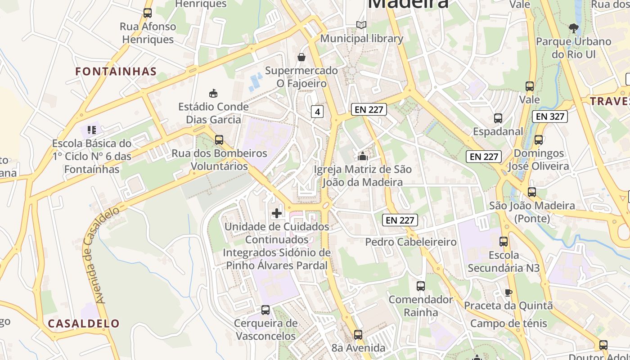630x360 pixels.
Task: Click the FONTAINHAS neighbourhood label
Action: pyautogui.click(x=116, y=71)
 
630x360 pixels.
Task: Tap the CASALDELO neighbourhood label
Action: pyautogui.click(x=84, y=323)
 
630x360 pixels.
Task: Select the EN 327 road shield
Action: pyautogui.click(x=549, y=117)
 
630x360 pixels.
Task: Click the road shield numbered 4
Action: pyautogui.click(x=317, y=112)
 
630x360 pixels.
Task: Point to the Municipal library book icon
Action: pyautogui.click(x=361, y=25)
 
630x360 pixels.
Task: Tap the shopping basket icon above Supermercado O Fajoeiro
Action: pyautogui.click(x=301, y=57)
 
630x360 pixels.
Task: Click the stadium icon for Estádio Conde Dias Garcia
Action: pyautogui.click(x=213, y=93)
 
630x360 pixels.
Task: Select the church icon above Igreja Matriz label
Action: pyautogui.click(x=362, y=156)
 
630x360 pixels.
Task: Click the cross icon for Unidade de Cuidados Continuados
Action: pyautogui.click(x=277, y=213)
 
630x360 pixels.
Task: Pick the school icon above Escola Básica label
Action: pyautogui.click(x=92, y=130)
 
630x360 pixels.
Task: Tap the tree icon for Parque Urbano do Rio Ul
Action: pyautogui.click(x=573, y=28)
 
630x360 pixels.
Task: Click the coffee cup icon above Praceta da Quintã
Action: pyautogui.click(x=508, y=292)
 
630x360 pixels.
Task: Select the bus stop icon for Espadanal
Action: pyautogui.click(x=498, y=118)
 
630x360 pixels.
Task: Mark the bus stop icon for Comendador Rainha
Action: pyautogui.click(x=420, y=286)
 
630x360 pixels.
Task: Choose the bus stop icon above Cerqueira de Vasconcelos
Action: pyautogui.click(x=265, y=310)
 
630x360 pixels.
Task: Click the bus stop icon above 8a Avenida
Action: pyautogui.click(x=358, y=334)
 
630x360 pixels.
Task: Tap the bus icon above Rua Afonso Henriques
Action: pyautogui.click(x=148, y=13)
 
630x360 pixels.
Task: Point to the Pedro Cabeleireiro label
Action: pyautogui.click(x=410, y=242)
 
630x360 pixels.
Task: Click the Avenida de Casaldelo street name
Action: pyautogui.click(x=102, y=254)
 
